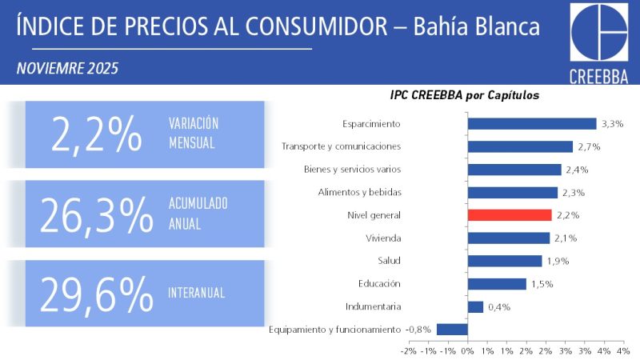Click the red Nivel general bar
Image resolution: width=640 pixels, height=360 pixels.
tap(509, 215)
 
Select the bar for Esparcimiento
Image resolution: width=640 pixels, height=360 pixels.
tap(531, 124)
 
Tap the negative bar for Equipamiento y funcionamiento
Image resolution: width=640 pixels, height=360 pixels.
tap(452, 329)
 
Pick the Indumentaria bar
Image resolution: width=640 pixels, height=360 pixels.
tap(475, 306)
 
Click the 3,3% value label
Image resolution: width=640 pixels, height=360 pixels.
tap(612, 124)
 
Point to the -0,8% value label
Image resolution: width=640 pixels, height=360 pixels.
tap(418, 329)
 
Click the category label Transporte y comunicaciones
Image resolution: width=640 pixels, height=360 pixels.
tap(341, 146)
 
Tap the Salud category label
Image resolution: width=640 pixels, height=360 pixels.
tap(389, 261)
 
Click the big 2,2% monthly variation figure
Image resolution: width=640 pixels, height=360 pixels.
tap(96, 134)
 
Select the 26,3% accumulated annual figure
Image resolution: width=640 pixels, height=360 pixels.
tap(96, 214)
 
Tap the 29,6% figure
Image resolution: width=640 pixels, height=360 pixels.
tap(96, 294)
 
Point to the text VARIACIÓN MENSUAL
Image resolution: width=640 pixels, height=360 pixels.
tap(194, 134)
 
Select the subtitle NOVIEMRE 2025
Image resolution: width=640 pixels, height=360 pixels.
tap(67, 69)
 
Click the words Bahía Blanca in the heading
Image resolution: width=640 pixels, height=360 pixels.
tap(477, 26)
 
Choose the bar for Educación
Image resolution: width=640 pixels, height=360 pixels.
tap(497, 283)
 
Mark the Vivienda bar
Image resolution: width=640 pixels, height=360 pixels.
tap(508, 238)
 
